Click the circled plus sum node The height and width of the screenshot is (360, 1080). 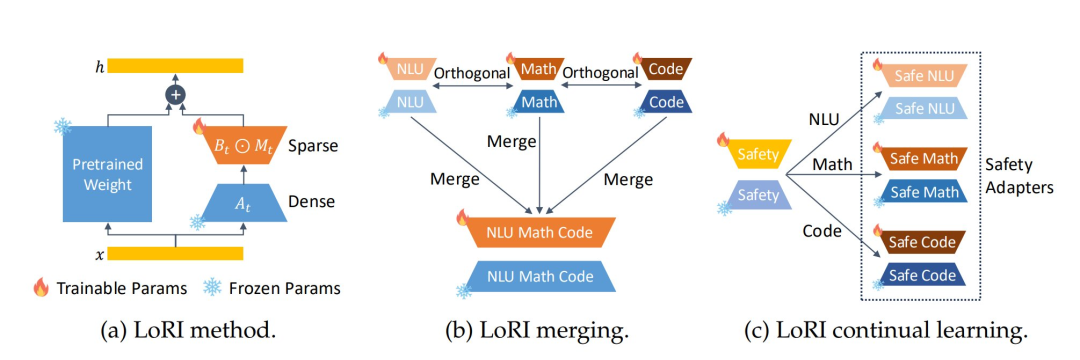tap(177, 95)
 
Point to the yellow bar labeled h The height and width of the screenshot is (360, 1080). tap(176, 66)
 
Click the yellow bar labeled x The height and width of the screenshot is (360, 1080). tap(176, 253)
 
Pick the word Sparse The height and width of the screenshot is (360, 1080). tap(310, 146)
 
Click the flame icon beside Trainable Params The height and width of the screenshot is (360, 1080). tap(40, 288)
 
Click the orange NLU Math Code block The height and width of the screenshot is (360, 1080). tap(539, 231)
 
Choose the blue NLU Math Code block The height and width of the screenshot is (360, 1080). tap(539, 275)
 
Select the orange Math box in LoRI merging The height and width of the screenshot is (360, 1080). tap(539, 71)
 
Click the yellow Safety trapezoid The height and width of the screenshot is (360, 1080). tap(757, 153)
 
